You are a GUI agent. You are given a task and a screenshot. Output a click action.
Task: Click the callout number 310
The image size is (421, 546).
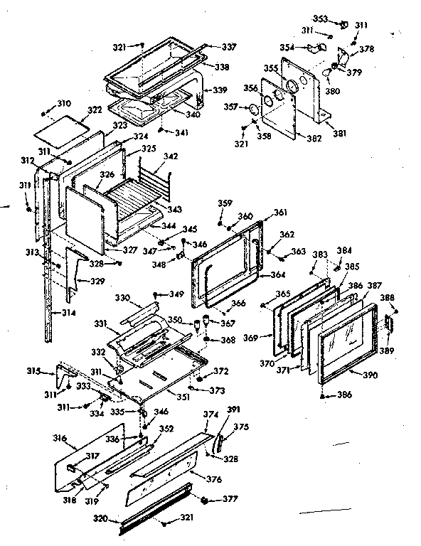(x=64, y=102)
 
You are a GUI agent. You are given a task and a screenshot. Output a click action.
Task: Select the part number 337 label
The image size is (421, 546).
(x=228, y=47)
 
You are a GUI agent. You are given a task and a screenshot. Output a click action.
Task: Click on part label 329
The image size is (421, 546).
(x=97, y=282)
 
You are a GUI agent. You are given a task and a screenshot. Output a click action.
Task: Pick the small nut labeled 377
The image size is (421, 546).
(x=206, y=500)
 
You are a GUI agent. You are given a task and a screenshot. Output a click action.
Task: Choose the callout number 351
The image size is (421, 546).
(x=183, y=396)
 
